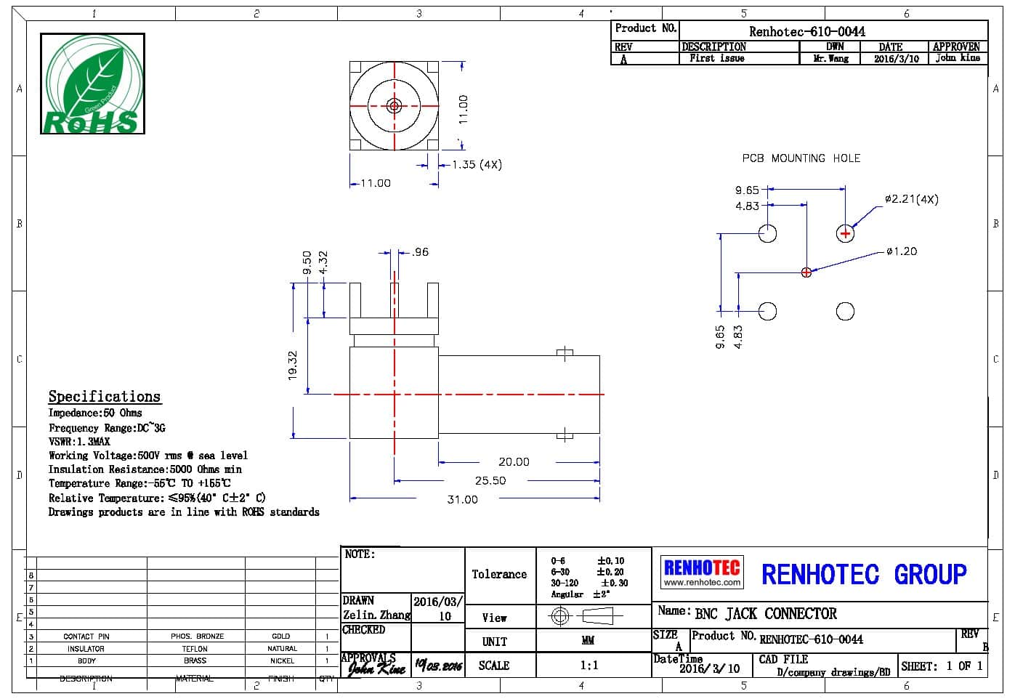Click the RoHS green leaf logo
[x=92, y=84]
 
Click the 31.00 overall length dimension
[x=462, y=499]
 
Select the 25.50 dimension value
[x=490, y=480]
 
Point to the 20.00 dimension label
[x=514, y=461]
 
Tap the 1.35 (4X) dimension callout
[x=476, y=164]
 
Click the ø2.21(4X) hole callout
[x=911, y=199]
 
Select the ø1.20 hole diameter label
[x=902, y=251]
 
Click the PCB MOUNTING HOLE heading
[x=801, y=158]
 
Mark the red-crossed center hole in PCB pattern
[x=806, y=272]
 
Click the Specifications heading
[x=104, y=396]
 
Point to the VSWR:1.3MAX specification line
[x=79, y=441]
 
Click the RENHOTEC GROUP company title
[x=863, y=574]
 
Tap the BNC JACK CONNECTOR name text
[x=765, y=613]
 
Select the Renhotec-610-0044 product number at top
[x=806, y=31]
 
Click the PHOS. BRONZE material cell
[x=197, y=636]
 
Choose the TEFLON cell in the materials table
[x=195, y=648]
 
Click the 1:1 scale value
[x=589, y=665]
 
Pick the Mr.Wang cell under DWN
[x=830, y=58]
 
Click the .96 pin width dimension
[x=419, y=252]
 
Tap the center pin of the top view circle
[x=395, y=106]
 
